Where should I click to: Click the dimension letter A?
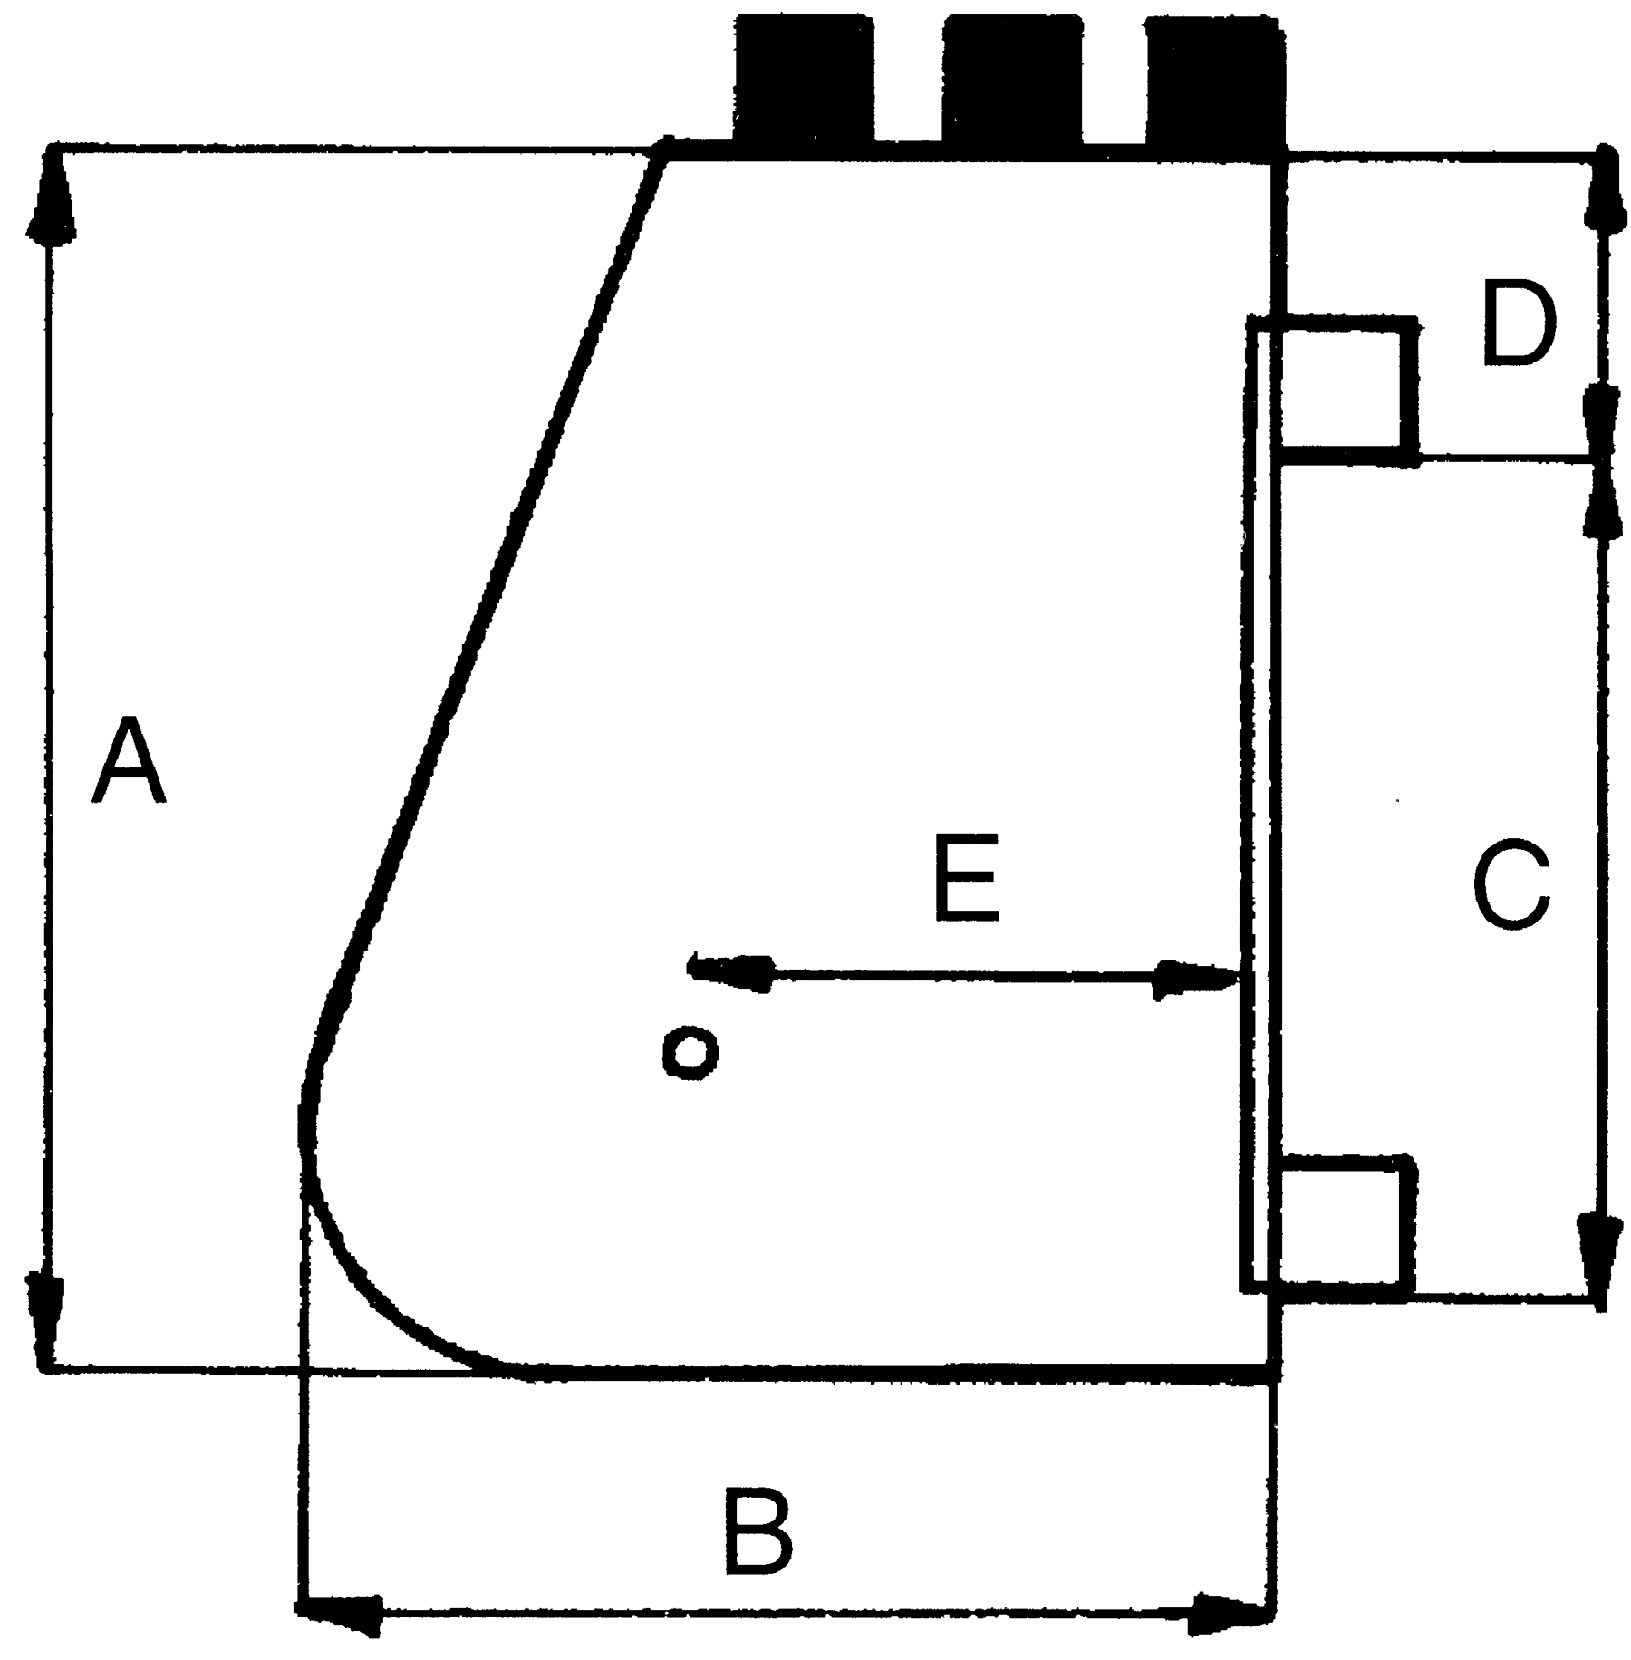click(129, 760)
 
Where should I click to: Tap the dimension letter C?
click(1511, 886)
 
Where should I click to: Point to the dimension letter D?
click(1520, 323)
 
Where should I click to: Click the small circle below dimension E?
click(690, 1052)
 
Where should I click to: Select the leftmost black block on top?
click(804, 80)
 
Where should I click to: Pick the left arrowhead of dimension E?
click(730, 971)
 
